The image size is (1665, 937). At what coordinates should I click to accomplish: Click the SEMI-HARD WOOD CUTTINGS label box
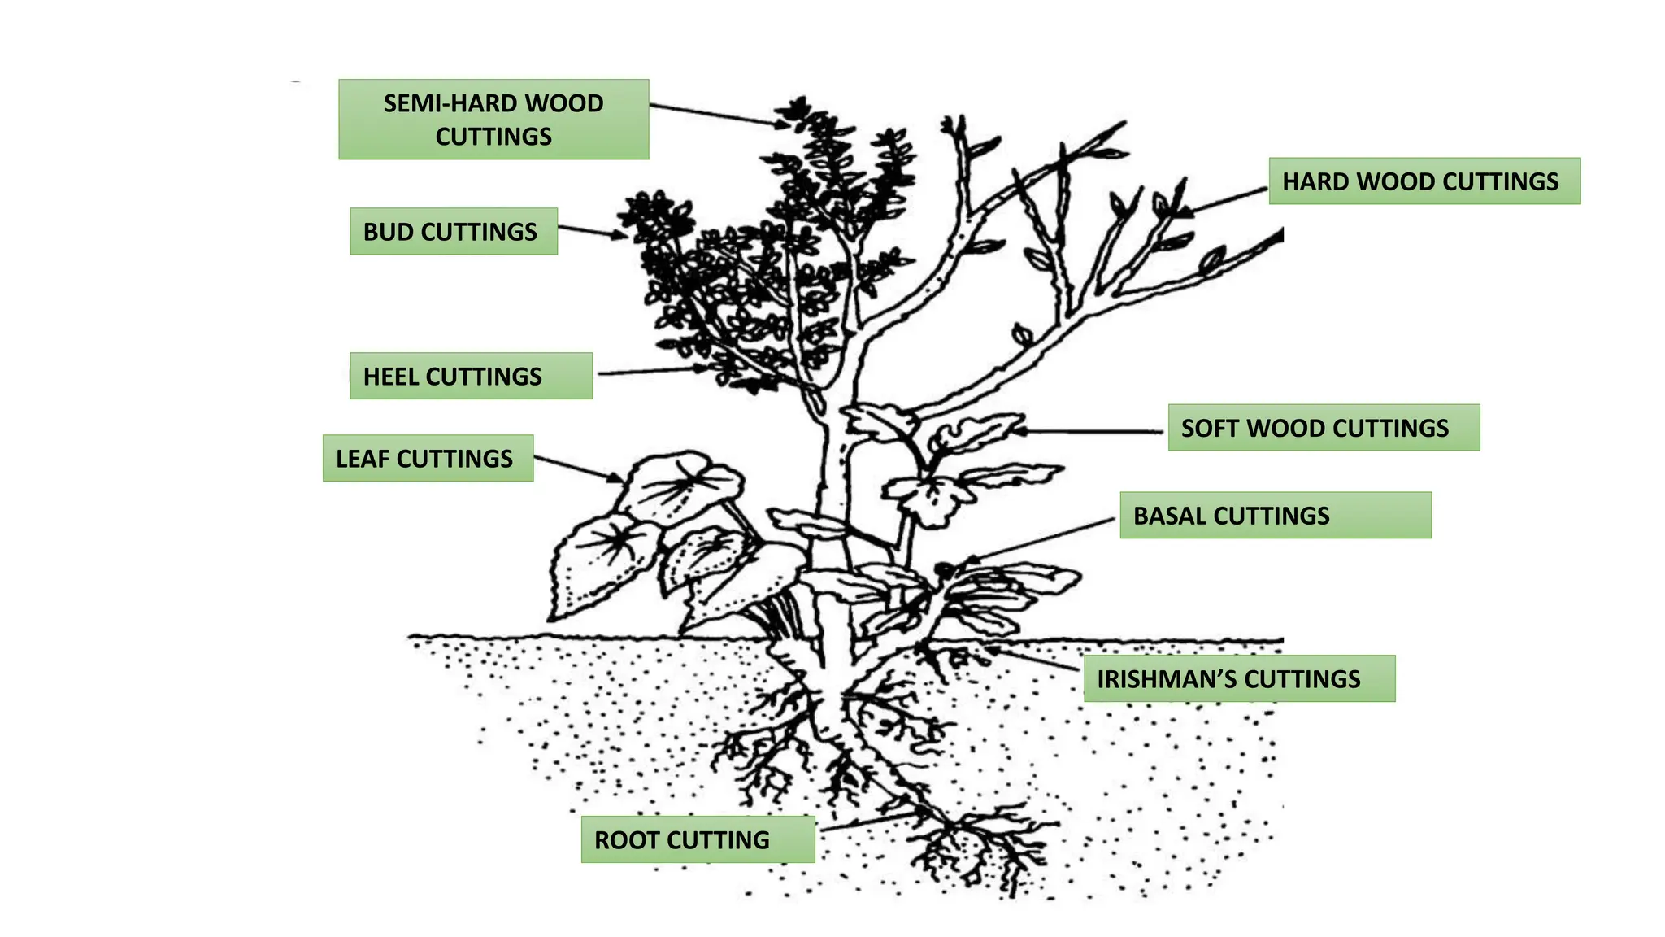click(493, 119)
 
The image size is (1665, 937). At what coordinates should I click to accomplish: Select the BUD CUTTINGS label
click(454, 232)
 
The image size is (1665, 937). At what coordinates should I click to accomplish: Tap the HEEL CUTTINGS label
click(471, 376)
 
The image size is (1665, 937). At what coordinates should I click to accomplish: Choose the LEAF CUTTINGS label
click(428, 459)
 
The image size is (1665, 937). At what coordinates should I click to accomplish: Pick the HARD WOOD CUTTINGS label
click(1424, 181)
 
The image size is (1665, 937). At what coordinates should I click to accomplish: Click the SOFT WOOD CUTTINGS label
click(1324, 428)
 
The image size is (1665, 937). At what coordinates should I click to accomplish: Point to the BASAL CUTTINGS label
click(1276, 516)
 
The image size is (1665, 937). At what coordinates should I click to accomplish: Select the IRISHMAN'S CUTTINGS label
click(1239, 679)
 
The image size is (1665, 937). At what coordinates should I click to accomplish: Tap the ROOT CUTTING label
click(698, 839)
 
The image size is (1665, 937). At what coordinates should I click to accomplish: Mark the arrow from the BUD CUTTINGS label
click(592, 232)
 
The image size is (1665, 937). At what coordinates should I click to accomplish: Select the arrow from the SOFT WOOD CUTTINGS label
click(1089, 431)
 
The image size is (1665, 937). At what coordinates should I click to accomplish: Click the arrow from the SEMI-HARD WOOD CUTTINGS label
click(715, 115)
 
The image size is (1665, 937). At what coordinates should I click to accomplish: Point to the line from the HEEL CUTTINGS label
click(650, 371)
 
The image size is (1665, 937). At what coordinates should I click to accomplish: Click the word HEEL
click(391, 377)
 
